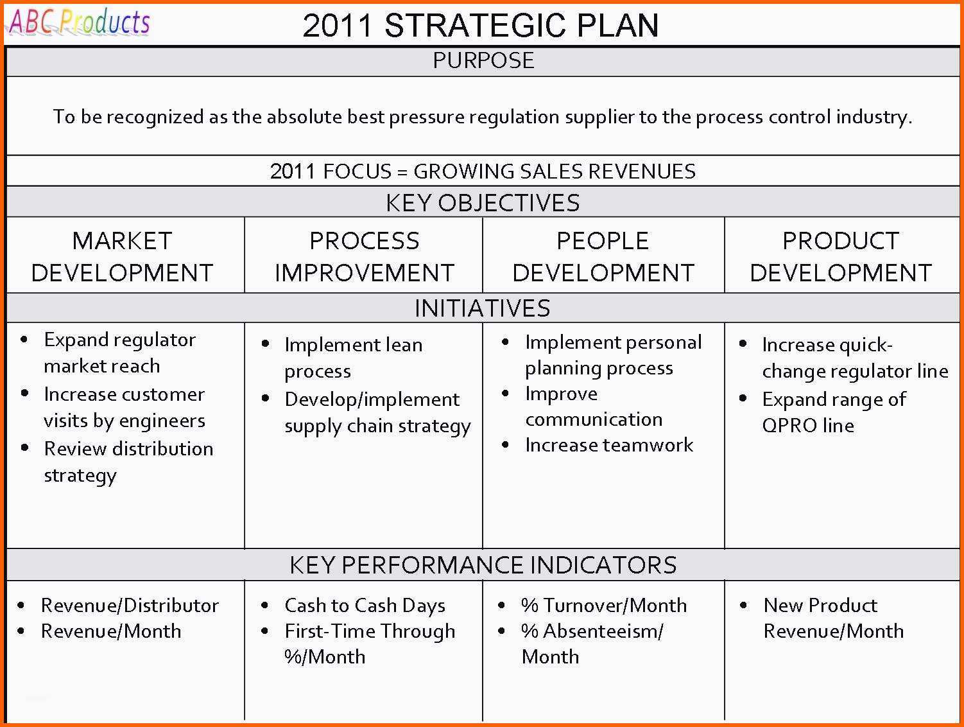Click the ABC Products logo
pyautogui.click(x=79, y=22)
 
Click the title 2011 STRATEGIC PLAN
pyautogui.click(x=481, y=26)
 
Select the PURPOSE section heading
pyautogui.click(x=483, y=60)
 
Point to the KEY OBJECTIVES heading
pyautogui.click(x=483, y=203)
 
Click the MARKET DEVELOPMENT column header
pyautogui.click(x=122, y=256)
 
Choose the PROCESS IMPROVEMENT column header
pyautogui.click(x=364, y=256)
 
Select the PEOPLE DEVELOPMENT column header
pyautogui.click(x=603, y=256)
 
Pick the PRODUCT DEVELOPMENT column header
pyautogui.click(x=841, y=256)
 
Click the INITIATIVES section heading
pyautogui.click(x=482, y=308)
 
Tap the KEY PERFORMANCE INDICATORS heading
pyautogui.click(x=483, y=565)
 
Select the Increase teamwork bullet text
pyautogui.click(x=609, y=445)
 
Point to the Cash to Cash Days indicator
pyautogui.click(x=365, y=606)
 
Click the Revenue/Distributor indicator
pyautogui.click(x=130, y=606)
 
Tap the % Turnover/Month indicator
pyautogui.click(x=604, y=606)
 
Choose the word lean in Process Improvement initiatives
pyautogui.click(x=404, y=345)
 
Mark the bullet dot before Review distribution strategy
pyautogui.click(x=25, y=448)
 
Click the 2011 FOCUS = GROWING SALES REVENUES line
pyautogui.click(x=483, y=171)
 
